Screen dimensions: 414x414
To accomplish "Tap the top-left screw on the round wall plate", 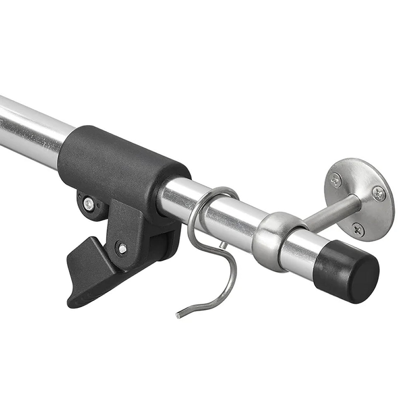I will (x=336, y=180).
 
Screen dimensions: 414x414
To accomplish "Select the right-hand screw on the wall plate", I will (x=378, y=193).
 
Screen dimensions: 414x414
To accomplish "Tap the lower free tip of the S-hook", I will (x=178, y=315).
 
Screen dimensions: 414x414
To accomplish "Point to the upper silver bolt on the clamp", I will (x=88, y=203).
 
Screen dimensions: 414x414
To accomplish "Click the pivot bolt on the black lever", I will (x=122, y=248).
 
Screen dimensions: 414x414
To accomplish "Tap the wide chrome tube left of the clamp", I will (x=29, y=128).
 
